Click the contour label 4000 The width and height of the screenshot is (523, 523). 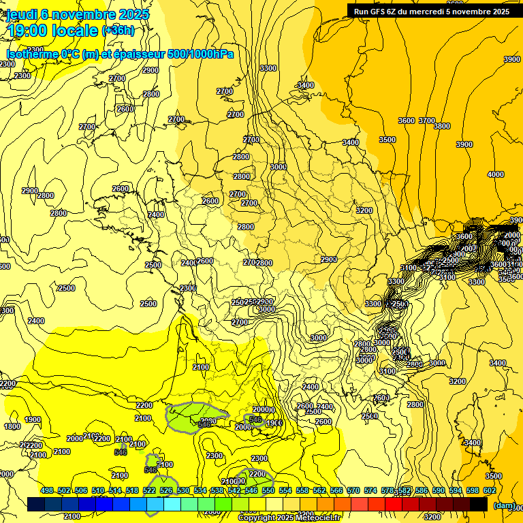click(x=495, y=174)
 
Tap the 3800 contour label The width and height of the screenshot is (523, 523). click(x=442, y=126)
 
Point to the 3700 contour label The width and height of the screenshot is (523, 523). click(x=426, y=121)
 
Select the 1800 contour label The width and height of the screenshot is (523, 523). click(x=12, y=427)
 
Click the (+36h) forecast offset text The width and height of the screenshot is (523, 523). click(x=118, y=31)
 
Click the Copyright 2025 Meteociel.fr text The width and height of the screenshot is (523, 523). click(x=289, y=518)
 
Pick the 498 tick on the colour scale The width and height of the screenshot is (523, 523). click(x=47, y=490)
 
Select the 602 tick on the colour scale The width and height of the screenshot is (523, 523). click(x=490, y=490)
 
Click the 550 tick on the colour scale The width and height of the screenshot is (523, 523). click(x=268, y=490)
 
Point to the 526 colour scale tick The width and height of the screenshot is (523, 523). click(x=166, y=490)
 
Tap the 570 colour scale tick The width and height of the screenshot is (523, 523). click(x=353, y=490)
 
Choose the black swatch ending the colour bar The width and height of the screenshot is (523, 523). click(x=479, y=504)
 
